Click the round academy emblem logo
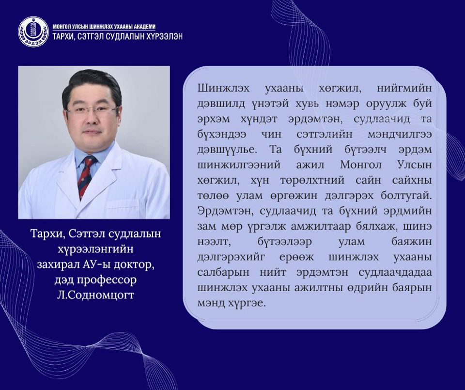[x=33, y=32]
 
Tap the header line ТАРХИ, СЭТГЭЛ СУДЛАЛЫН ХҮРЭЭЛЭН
[x=117, y=37]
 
